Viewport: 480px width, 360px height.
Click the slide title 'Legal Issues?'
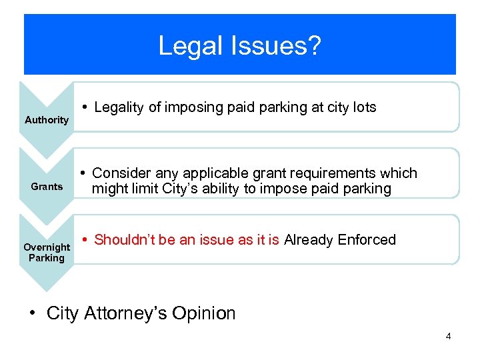click(x=240, y=47)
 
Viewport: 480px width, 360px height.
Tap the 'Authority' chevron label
click(x=47, y=120)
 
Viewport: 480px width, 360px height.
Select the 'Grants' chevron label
click(x=47, y=187)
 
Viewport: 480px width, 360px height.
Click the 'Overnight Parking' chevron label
click(x=47, y=253)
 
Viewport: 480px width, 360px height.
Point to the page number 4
click(x=448, y=336)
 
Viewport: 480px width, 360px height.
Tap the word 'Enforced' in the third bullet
click(x=367, y=240)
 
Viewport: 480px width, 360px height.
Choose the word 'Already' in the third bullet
click(x=308, y=240)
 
